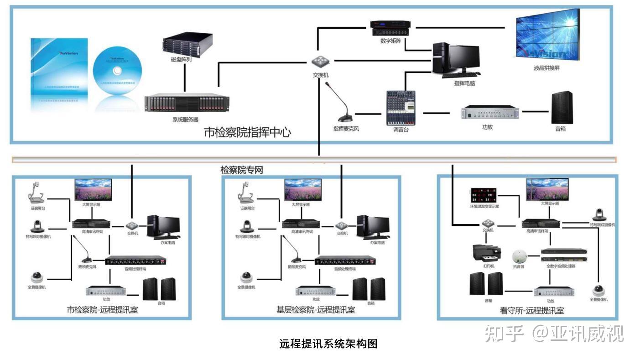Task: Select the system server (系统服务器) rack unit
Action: pos(187,103)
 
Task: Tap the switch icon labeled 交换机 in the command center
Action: pos(320,62)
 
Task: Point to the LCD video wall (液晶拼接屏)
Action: pos(547,35)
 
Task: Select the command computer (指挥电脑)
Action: pos(456,59)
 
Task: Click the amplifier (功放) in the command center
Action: pos(490,112)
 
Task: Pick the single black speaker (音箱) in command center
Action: pos(562,108)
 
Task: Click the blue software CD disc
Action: pos(117,71)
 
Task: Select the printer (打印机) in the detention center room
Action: pos(487,252)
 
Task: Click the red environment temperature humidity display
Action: pos(484,195)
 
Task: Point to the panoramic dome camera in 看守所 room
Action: pos(598,290)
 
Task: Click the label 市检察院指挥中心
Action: pos(247,132)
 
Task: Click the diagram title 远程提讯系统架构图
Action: pos(328,344)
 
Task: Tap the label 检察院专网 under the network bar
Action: pos(242,170)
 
